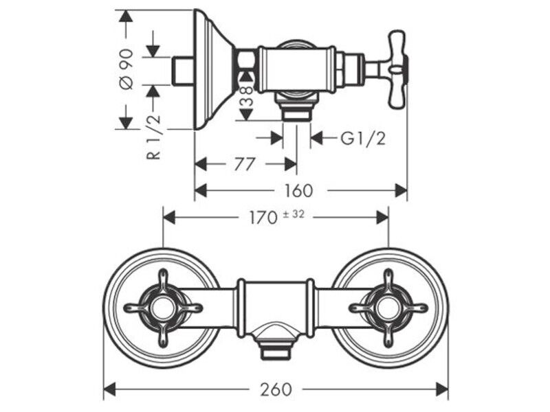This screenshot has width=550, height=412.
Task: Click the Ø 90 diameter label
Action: point(126,69)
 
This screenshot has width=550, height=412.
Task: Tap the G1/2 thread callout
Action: point(363,139)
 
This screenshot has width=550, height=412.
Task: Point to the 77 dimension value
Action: point(244,164)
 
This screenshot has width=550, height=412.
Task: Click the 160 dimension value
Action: point(298,191)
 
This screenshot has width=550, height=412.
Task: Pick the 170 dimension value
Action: point(263,218)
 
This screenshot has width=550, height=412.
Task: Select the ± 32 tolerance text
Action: point(294,214)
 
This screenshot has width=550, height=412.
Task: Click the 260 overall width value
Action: point(276,389)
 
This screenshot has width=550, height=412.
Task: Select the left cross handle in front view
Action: point(163,308)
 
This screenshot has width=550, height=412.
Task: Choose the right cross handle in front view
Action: point(388,308)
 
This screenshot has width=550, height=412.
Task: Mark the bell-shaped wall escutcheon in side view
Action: point(214,69)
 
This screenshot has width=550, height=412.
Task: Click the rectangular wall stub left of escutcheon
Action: point(183,71)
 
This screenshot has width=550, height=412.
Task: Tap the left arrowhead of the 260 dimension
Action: point(110,389)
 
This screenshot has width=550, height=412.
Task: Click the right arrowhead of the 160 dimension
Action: point(401,191)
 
